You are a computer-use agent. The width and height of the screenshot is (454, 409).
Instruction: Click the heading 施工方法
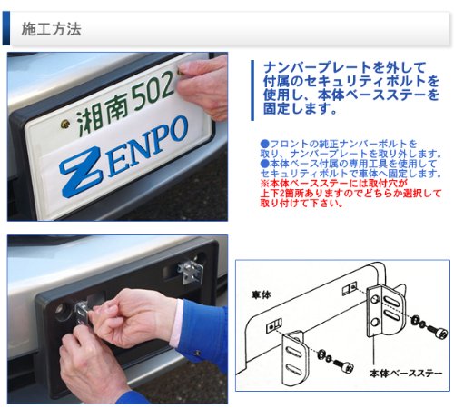[51, 29]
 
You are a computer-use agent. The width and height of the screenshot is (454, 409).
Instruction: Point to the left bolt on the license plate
[65, 124]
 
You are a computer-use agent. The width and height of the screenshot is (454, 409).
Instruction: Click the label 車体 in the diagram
[261, 294]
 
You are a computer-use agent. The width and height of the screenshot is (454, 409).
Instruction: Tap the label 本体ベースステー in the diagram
[406, 374]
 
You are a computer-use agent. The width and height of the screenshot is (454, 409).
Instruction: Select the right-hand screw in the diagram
[429, 327]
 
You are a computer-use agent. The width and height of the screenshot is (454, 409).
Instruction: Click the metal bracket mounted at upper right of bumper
[192, 272]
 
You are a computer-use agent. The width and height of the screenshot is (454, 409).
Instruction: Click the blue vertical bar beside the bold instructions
[252, 90]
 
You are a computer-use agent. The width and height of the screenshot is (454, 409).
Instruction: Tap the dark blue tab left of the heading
[6, 28]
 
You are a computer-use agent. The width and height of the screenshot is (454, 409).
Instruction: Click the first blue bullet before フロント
[264, 144]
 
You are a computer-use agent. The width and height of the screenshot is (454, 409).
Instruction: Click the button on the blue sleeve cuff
[198, 353]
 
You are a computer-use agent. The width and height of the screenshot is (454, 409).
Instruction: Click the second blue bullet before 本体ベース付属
[264, 164]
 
